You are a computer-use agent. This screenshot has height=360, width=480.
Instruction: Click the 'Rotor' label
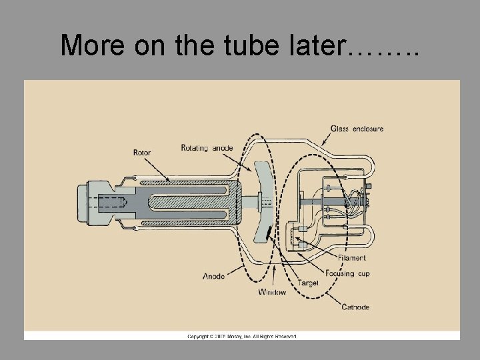[x=142, y=153]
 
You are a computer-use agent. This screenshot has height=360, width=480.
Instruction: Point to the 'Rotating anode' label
[x=207, y=148]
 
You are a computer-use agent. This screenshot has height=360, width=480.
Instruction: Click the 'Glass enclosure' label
[x=357, y=129]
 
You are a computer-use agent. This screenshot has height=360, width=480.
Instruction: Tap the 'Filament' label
[x=351, y=258]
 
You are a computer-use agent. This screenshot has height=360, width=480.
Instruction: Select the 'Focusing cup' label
[x=347, y=273]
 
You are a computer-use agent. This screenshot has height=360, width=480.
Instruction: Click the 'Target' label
[x=308, y=283]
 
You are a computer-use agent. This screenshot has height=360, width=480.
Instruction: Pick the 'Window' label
[x=272, y=292]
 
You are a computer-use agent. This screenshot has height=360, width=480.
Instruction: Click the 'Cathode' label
[x=355, y=307]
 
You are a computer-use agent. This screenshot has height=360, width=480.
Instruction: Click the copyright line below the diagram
[x=241, y=336]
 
